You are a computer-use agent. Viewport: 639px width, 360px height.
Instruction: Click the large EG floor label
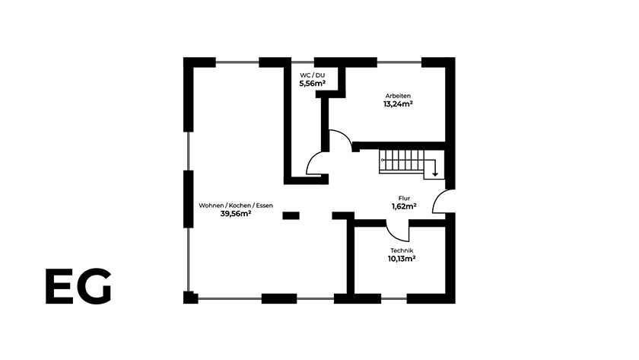click(x=78, y=286)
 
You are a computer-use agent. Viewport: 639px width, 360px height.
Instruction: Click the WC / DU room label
click(x=312, y=75)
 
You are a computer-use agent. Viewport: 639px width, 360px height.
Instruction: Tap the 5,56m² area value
click(x=312, y=84)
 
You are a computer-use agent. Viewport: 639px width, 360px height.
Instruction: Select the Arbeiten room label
click(x=398, y=96)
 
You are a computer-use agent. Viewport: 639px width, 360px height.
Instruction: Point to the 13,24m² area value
click(x=398, y=104)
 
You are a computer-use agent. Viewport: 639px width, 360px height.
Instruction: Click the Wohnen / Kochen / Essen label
click(x=236, y=205)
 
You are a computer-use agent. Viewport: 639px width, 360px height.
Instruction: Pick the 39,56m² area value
click(x=236, y=214)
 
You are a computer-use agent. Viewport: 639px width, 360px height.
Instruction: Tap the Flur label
click(x=404, y=198)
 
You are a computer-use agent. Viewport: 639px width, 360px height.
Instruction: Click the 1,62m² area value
click(x=404, y=206)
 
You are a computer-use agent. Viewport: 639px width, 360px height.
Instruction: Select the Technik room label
click(x=402, y=250)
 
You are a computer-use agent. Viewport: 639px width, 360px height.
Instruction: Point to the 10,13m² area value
click(x=402, y=259)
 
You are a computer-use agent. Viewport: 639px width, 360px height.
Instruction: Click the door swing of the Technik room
click(x=395, y=236)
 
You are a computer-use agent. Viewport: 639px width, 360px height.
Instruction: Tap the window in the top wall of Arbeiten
click(x=399, y=62)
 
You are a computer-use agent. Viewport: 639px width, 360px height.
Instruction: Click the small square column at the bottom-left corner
click(x=190, y=298)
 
